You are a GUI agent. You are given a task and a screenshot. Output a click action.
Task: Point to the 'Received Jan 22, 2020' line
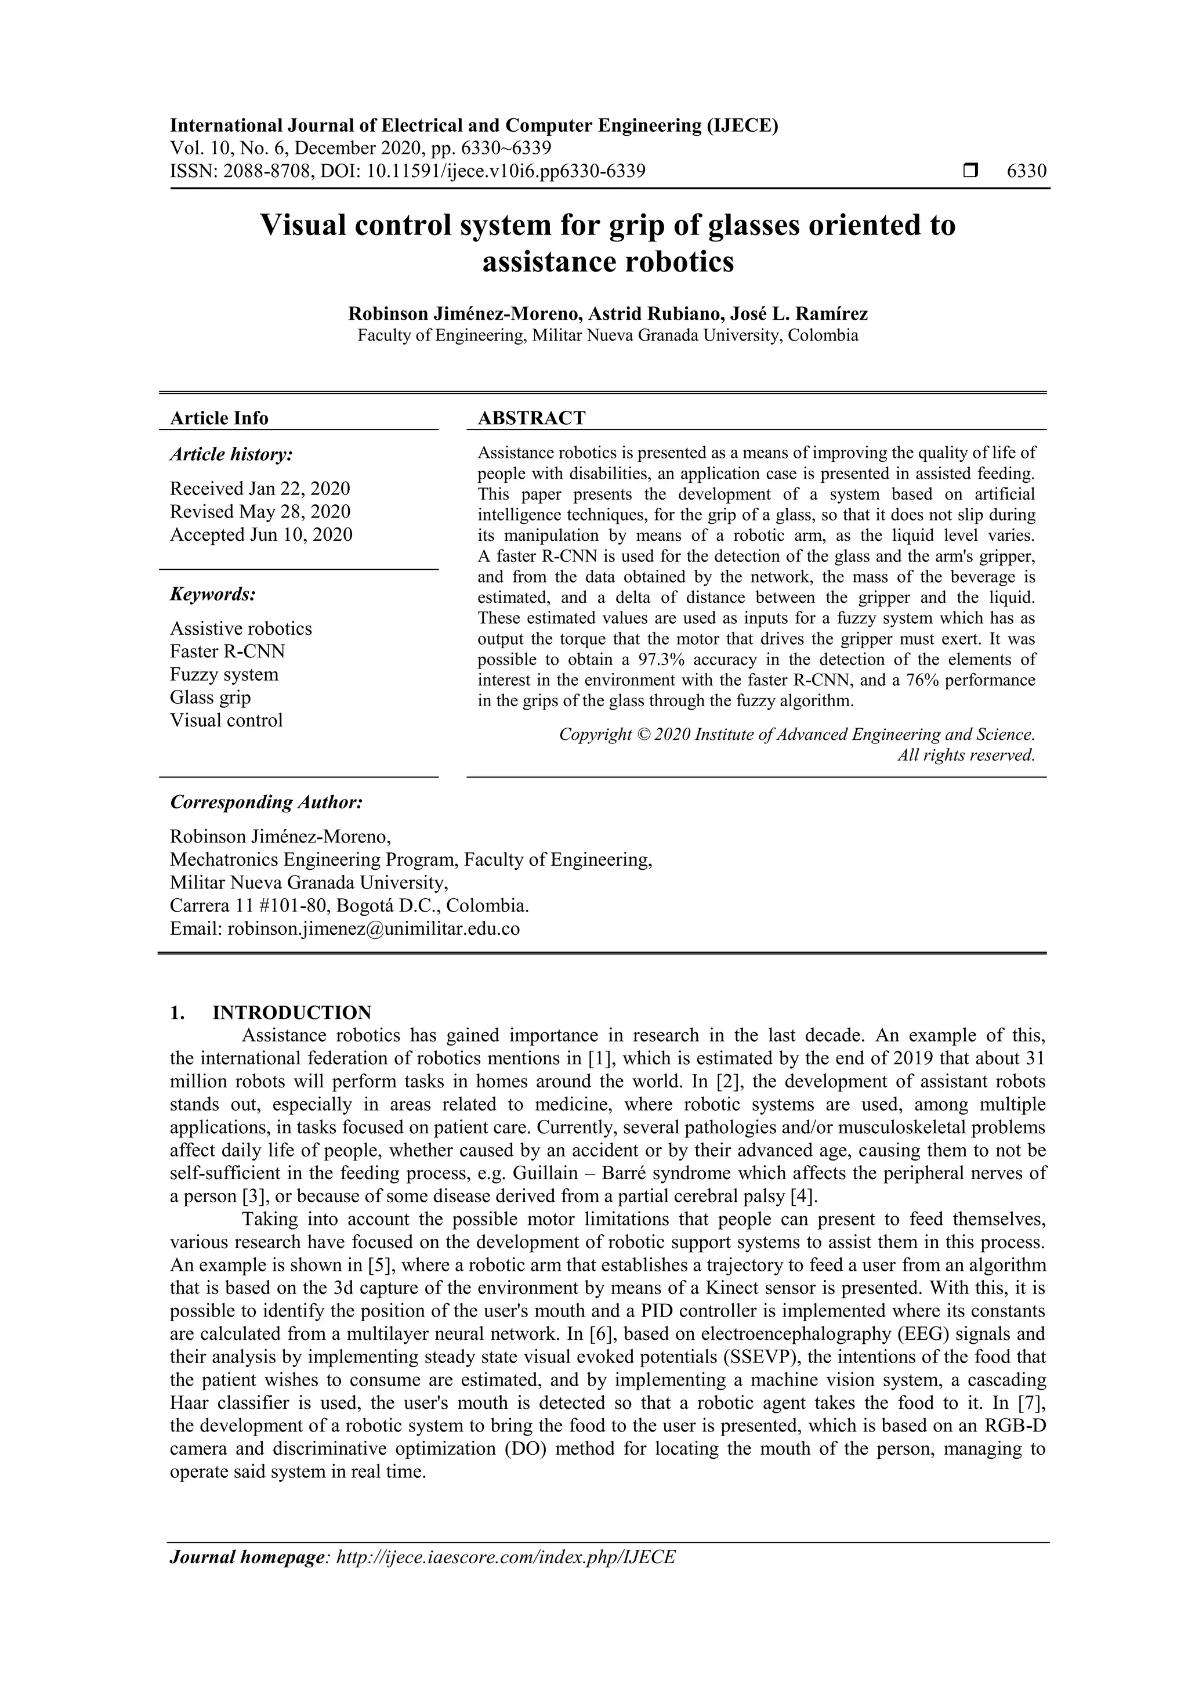coord(260,489)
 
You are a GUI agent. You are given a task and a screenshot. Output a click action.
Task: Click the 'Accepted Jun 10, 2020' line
coord(261,534)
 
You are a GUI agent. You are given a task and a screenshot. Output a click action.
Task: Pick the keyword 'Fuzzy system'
coord(224,674)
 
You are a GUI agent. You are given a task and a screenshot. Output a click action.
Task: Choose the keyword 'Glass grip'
coord(210,697)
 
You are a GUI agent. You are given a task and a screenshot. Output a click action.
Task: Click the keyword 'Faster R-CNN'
coord(227,651)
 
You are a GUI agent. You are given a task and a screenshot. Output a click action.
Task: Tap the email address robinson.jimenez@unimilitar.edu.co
coord(374,928)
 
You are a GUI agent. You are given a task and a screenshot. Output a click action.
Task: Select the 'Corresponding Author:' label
coord(266,802)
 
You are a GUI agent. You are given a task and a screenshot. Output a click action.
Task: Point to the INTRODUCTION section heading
coord(291,1013)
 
